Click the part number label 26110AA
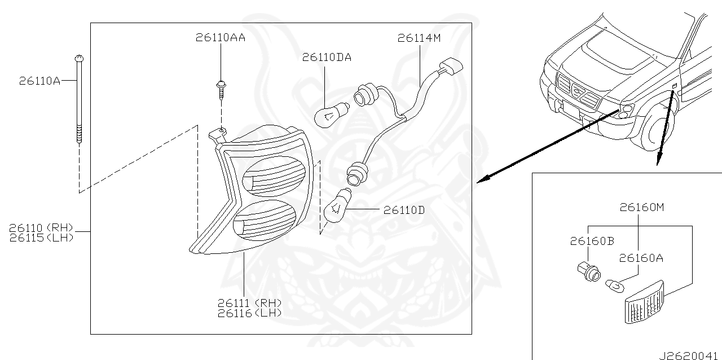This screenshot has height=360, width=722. [x=221, y=38]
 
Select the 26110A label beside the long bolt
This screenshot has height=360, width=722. [x=39, y=81]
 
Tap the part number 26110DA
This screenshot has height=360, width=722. [x=327, y=58]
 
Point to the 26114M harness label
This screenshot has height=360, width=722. [x=419, y=38]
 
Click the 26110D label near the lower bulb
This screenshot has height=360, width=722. [x=404, y=210]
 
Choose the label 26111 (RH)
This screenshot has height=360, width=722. [x=249, y=303]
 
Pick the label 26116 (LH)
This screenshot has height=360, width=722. [x=249, y=313]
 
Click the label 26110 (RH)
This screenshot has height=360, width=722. [x=42, y=227]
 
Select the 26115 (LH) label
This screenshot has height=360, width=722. [x=42, y=238]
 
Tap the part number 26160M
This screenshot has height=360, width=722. [x=642, y=207]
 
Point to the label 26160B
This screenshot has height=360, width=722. [x=592, y=242]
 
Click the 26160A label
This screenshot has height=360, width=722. [x=641, y=258]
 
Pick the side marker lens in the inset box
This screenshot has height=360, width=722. [x=644, y=304]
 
